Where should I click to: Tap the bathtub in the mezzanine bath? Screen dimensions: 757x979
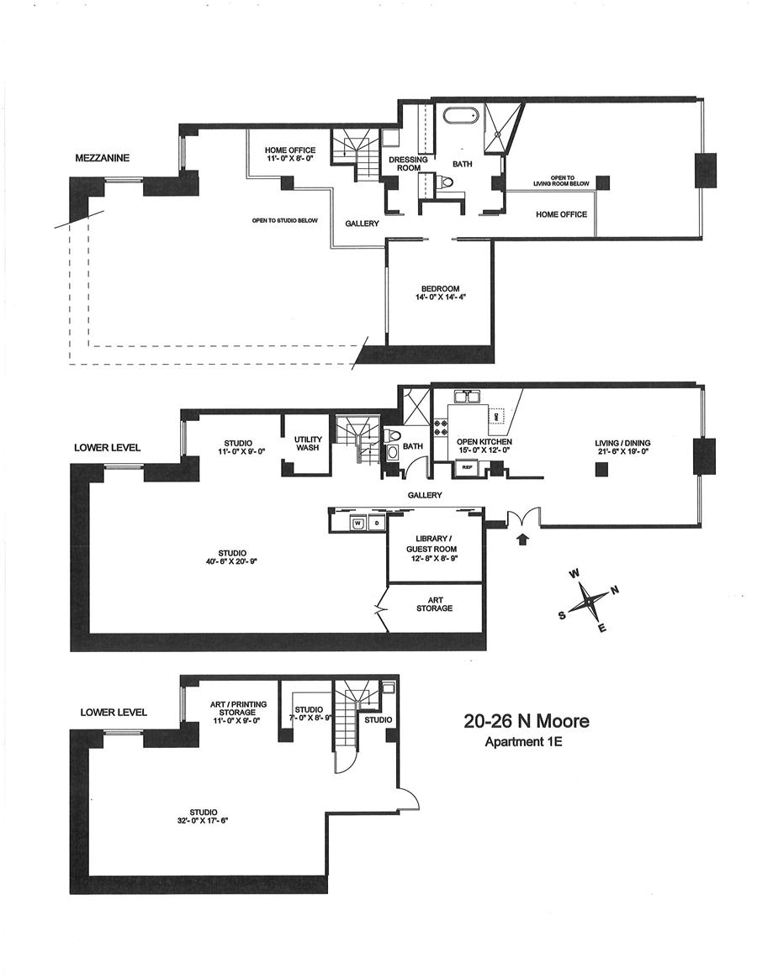(x=459, y=116)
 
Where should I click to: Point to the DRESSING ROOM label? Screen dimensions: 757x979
(x=408, y=163)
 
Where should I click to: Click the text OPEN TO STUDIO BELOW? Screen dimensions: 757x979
(x=285, y=221)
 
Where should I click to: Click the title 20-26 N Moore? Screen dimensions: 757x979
(x=527, y=721)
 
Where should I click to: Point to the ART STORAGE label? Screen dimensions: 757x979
(x=434, y=603)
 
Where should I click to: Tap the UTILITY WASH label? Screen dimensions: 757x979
(x=306, y=443)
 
